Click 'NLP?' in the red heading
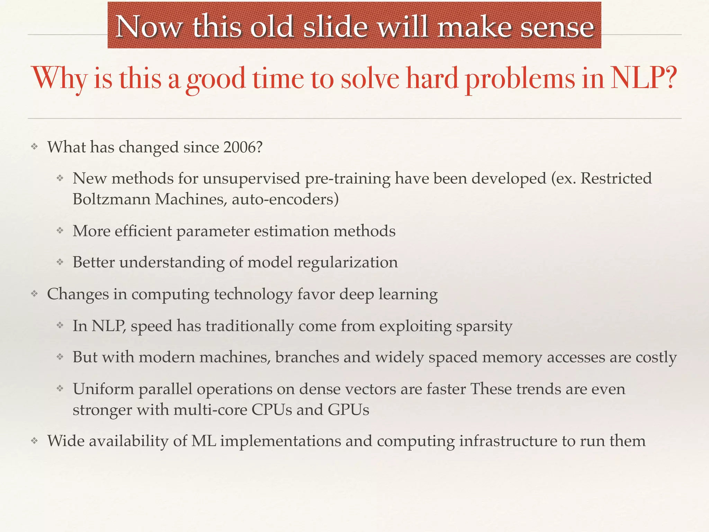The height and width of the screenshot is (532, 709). pyautogui.click(x=643, y=78)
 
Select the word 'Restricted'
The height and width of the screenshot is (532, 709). pyautogui.click(x=616, y=178)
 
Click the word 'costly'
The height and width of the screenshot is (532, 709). pyautogui.click(x=656, y=357)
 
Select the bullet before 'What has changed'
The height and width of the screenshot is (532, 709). pyautogui.click(x=34, y=147)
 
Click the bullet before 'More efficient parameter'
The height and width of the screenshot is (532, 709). pyautogui.click(x=60, y=231)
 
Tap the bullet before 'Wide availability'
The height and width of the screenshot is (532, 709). pyautogui.click(x=34, y=441)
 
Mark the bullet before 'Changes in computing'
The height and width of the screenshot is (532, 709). pyautogui.click(x=34, y=294)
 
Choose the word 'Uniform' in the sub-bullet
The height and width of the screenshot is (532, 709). pyautogui.click(x=103, y=389)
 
